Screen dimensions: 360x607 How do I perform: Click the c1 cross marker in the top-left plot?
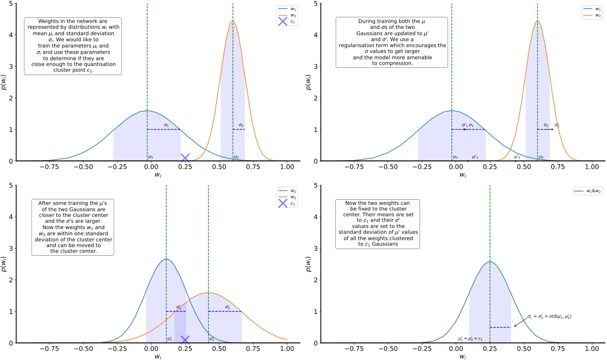pos(185,158)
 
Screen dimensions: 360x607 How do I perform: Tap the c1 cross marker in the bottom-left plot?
pos(185,340)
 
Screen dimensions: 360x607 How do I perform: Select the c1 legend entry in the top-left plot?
pos(286,21)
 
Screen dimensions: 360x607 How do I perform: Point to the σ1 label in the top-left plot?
pos(167,125)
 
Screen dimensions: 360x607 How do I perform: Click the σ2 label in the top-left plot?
pos(241,125)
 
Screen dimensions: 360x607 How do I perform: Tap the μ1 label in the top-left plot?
pos(151,157)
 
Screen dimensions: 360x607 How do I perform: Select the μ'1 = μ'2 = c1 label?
pos(470,339)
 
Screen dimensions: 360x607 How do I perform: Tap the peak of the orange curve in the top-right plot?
pos(537,21)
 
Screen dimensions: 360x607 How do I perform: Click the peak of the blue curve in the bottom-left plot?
pos(166,259)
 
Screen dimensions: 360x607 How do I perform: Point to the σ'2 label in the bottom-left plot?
pos(228,307)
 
